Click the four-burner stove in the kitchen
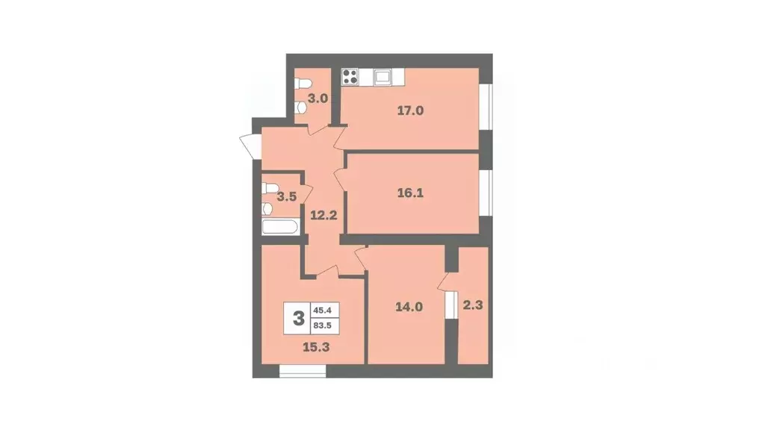click(350, 75)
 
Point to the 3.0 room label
click(318, 98)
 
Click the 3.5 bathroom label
click(286, 197)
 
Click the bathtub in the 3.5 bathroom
click(282, 228)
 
